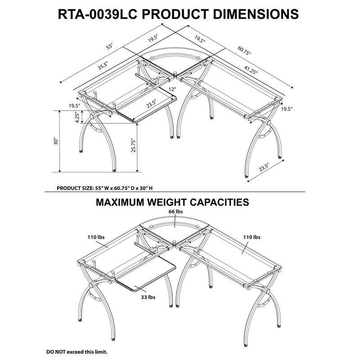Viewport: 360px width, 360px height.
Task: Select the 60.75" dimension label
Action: (x=245, y=51)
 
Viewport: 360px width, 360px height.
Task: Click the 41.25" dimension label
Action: (x=251, y=70)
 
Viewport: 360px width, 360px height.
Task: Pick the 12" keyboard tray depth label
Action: (x=172, y=90)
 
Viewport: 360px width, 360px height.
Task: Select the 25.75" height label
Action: (x=134, y=146)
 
